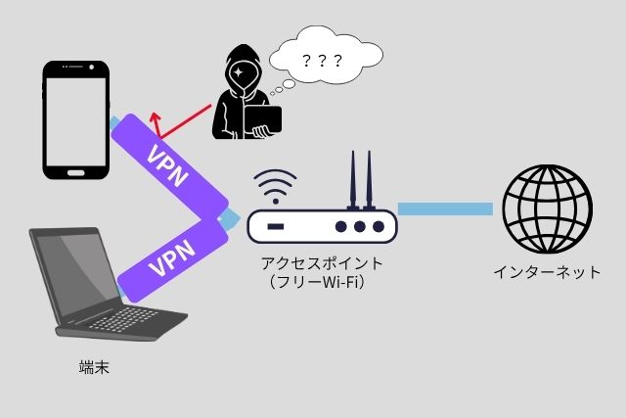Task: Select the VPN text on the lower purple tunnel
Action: point(167,257)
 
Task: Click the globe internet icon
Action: point(547,208)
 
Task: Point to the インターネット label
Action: point(547,271)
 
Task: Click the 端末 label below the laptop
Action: point(94,368)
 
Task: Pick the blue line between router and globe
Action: point(445,209)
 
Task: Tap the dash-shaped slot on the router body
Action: point(276,227)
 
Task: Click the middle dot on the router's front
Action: point(360,227)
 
